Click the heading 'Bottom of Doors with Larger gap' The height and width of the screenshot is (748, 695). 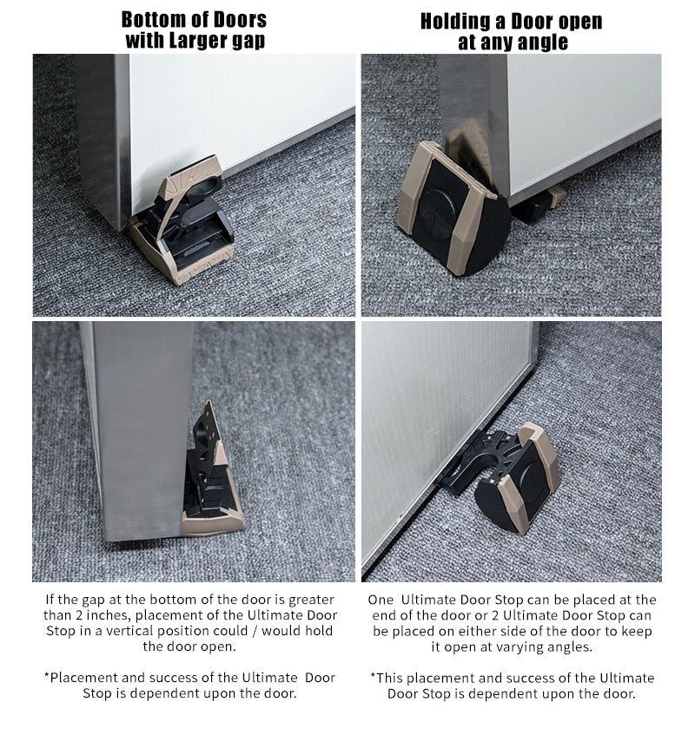194,30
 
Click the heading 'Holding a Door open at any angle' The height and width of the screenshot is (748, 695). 511,31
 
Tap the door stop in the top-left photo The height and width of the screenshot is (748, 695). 182,224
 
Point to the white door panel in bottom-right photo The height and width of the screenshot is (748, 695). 434,408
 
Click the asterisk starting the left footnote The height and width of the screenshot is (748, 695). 45,678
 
